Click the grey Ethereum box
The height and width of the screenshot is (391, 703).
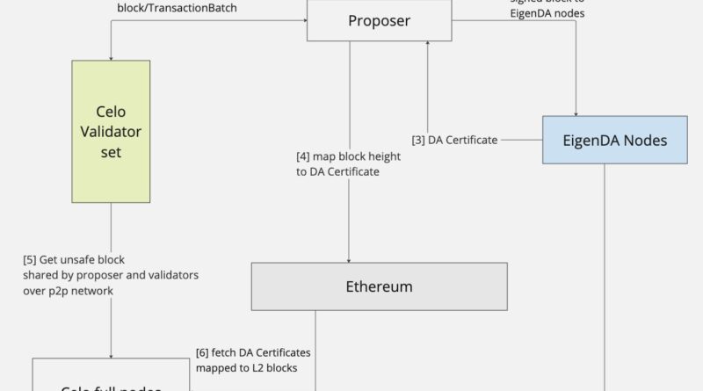click(380, 286)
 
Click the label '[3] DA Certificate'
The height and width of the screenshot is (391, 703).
click(455, 140)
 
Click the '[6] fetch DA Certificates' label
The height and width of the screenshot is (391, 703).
click(252, 352)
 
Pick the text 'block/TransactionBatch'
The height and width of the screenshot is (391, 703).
click(178, 7)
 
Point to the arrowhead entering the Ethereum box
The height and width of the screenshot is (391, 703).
click(350, 258)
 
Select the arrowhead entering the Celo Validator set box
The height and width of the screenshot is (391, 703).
click(111, 55)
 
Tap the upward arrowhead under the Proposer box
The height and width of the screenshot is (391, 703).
click(428, 45)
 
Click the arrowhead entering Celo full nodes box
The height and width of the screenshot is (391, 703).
click(111, 352)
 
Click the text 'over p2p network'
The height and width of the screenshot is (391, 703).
click(68, 290)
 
